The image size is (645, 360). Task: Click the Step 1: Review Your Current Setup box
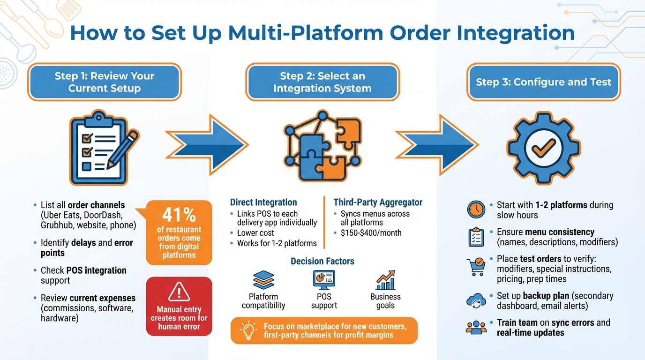[x=104, y=82]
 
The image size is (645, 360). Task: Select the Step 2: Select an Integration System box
[x=322, y=82]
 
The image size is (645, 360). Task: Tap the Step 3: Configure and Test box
[x=543, y=82]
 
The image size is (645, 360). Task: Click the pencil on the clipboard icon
[x=123, y=149]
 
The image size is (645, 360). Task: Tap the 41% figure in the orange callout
[x=179, y=215]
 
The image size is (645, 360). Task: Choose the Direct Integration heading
[x=263, y=202]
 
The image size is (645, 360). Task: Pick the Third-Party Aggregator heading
[x=378, y=202]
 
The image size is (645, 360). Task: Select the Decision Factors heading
[x=322, y=261]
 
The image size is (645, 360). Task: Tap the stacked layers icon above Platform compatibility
[x=263, y=280]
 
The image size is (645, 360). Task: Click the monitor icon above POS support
[x=324, y=280]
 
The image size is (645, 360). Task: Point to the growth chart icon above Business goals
[x=385, y=280]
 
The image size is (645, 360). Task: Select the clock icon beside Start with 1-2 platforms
[x=476, y=210]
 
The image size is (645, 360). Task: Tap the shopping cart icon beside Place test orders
[x=476, y=267]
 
